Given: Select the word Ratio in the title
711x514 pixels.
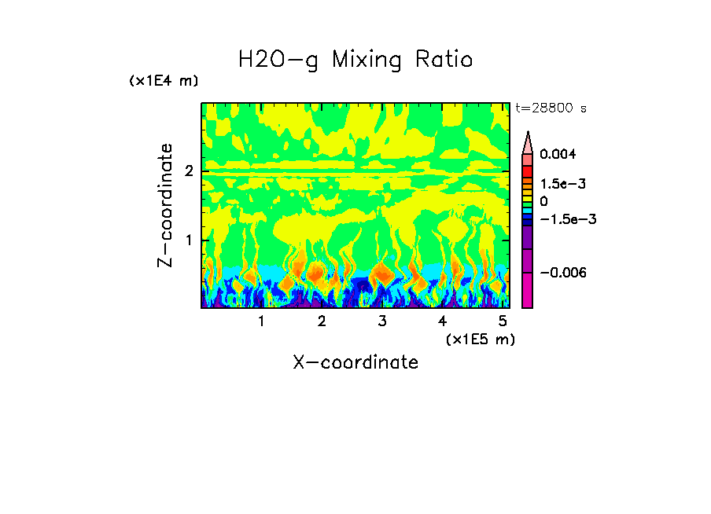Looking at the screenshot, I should pyautogui.click(x=444, y=61).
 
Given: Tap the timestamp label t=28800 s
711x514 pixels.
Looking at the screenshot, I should pyautogui.click(x=551, y=108).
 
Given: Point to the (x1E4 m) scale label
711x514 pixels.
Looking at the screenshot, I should pyautogui.click(x=164, y=81).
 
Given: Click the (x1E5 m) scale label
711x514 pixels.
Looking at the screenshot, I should pyautogui.click(x=480, y=339).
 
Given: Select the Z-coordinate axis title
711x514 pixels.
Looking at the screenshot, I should pyautogui.click(x=166, y=205).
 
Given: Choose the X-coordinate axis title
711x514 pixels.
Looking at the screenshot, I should pyautogui.click(x=355, y=362).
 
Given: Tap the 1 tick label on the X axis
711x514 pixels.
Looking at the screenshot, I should pyautogui.click(x=261, y=321).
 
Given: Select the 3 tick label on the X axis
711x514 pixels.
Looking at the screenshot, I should pyautogui.click(x=381, y=321).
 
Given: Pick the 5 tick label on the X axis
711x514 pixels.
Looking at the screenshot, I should pyautogui.click(x=503, y=321).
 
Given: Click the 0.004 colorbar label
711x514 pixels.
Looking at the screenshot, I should pyautogui.click(x=558, y=154).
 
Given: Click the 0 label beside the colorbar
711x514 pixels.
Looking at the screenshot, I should pyautogui.click(x=544, y=201).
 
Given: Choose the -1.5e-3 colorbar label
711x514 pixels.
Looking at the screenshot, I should pyautogui.click(x=566, y=219).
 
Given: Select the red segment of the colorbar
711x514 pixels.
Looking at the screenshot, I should pyautogui.click(x=528, y=171).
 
